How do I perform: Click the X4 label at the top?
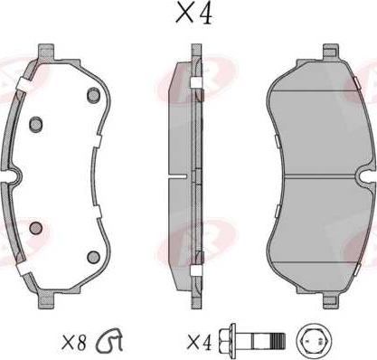[x=194, y=14]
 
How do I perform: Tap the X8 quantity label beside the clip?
[x=74, y=342]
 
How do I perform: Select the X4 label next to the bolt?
[x=200, y=343]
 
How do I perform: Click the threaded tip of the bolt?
[x=278, y=341]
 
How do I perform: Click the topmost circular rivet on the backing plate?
[x=93, y=95]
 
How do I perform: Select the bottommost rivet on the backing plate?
[x=93, y=257]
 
